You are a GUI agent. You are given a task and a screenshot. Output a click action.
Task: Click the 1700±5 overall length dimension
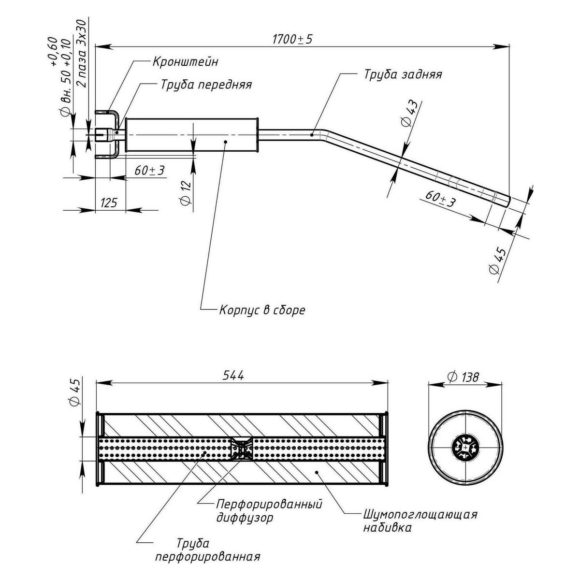point(292,40)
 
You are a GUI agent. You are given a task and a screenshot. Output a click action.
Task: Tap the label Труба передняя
point(206,85)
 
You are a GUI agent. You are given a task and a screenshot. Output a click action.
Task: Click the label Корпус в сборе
point(262,310)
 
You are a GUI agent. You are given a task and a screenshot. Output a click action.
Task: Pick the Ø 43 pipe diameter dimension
point(409,114)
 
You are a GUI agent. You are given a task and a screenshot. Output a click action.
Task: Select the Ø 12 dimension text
point(185,192)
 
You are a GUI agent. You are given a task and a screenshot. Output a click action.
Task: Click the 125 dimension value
point(109,203)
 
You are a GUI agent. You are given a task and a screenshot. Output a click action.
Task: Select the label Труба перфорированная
point(207,550)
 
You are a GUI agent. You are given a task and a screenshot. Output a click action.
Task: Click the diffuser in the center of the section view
point(241,449)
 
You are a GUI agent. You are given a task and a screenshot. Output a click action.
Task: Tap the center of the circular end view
point(465,448)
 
